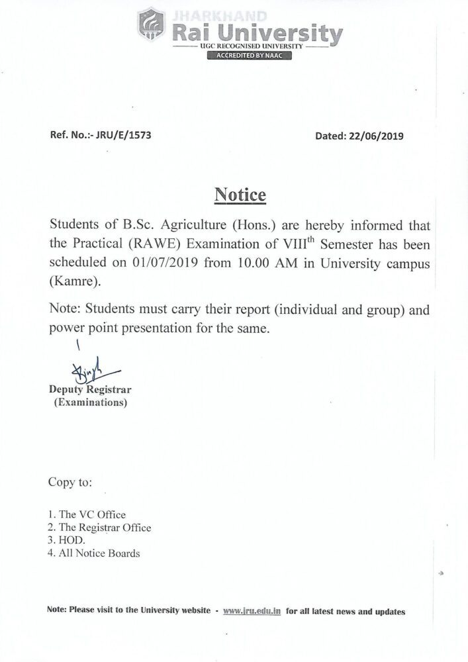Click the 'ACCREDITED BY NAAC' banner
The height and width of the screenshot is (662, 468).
coord(249,56)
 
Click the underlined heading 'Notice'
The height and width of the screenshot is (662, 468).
coord(240,196)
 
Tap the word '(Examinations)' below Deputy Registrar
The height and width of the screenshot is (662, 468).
coord(89,402)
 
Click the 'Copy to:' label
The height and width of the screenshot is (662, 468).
coord(70,482)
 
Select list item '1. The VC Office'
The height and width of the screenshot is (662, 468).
coord(87,514)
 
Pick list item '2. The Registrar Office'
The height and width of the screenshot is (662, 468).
coord(99,528)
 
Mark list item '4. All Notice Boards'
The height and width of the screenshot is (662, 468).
coord(93,553)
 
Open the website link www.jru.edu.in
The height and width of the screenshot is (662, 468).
coord(252,612)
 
